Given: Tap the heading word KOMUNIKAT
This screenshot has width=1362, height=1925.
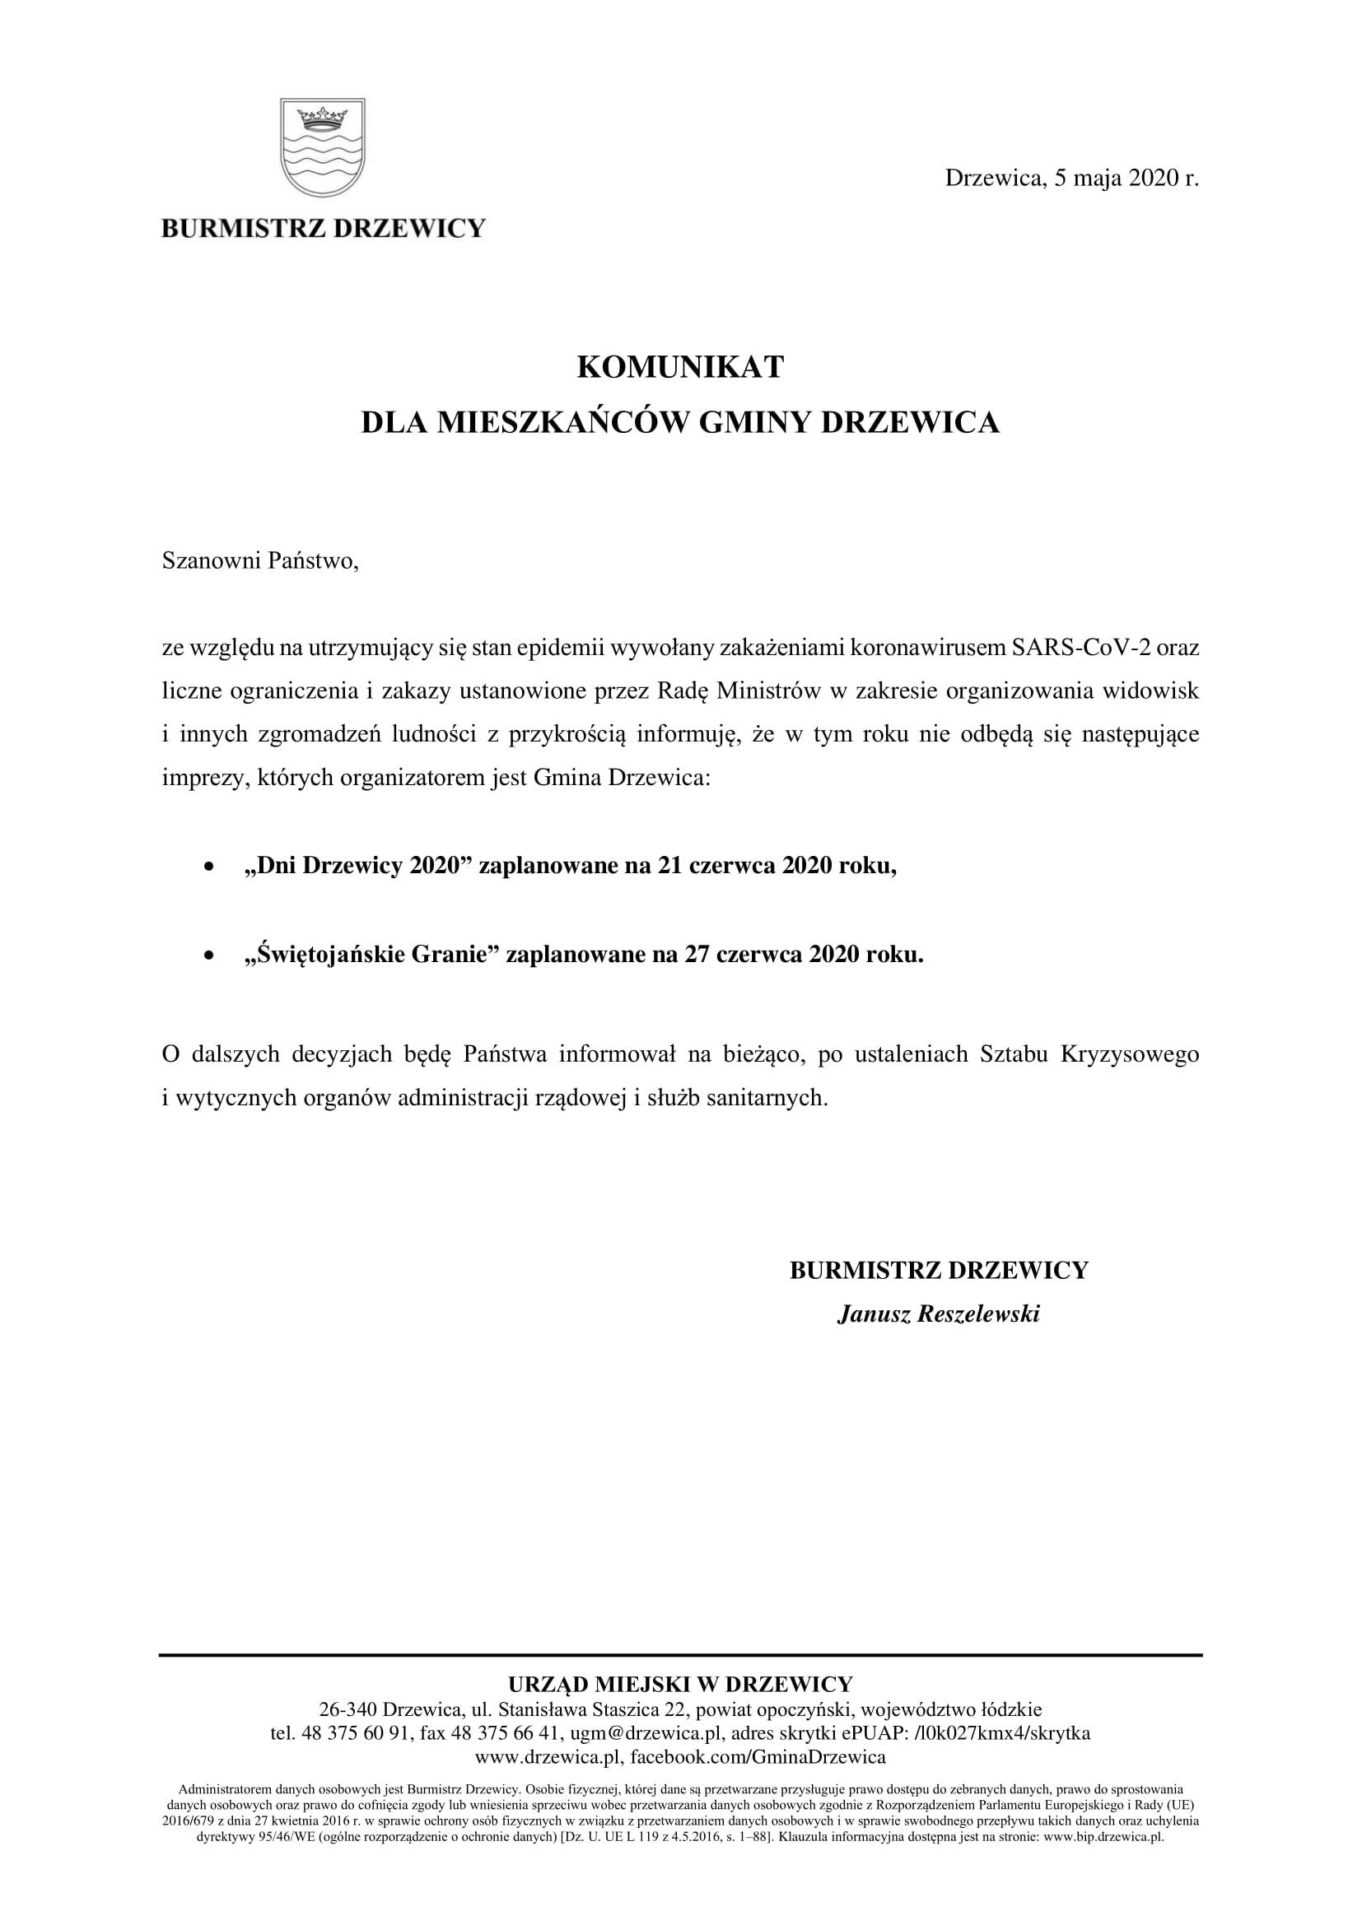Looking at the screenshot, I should (x=680, y=367).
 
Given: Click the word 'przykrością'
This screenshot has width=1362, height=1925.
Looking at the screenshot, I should (x=565, y=734).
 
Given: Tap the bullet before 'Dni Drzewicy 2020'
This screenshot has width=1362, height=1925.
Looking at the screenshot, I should (x=211, y=868).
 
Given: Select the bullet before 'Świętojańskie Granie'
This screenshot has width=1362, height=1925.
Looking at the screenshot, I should (x=211, y=956).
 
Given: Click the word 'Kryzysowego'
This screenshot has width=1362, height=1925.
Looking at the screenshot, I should (x=1130, y=1054).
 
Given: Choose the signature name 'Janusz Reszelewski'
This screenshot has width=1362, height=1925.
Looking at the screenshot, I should (x=939, y=1314).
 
